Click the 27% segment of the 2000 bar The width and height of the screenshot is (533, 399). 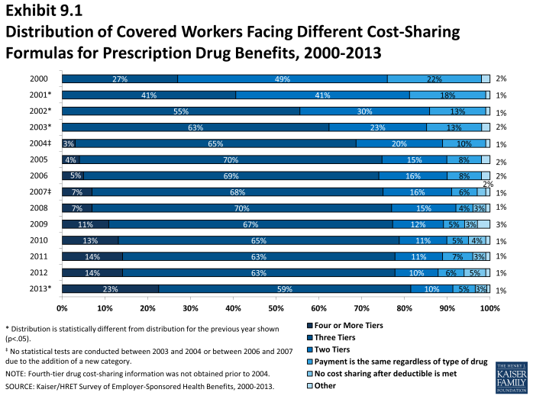[x=119, y=79]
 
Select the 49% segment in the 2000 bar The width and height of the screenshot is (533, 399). [x=283, y=79]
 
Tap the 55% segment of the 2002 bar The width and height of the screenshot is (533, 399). [x=181, y=111]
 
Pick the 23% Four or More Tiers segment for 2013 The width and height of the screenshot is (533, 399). [x=110, y=289]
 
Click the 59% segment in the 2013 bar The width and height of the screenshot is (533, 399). [x=284, y=289]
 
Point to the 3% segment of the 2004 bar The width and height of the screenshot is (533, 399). [x=69, y=143]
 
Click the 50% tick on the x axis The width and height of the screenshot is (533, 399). [x=276, y=308]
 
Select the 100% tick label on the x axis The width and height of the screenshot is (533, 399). [x=489, y=308]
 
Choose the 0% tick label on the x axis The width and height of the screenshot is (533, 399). [x=62, y=308]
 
